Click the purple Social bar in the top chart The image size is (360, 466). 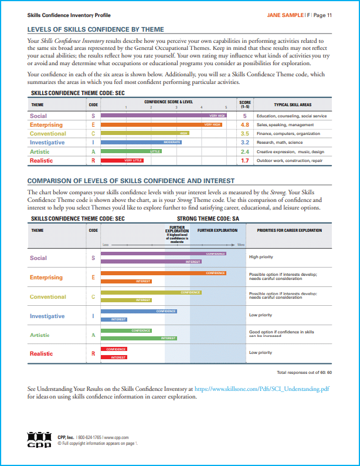click(164, 116)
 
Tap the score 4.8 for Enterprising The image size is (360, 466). click(245, 125)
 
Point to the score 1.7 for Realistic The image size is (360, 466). click(245, 160)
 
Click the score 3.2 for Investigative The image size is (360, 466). click(245, 143)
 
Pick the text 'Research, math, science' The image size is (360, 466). click(280, 143)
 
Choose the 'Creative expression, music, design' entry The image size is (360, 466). click(290, 151)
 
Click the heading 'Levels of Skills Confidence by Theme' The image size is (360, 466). click(96, 29)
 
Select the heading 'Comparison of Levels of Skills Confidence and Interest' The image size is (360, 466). click(131, 181)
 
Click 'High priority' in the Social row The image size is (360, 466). click(261, 257)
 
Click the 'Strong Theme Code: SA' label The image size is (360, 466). click(205, 218)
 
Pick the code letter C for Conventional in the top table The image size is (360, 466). click(93, 134)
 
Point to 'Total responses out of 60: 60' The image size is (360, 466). click(304, 372)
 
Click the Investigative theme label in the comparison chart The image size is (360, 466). click(47, 316)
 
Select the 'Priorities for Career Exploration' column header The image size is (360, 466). click(289, 231)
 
